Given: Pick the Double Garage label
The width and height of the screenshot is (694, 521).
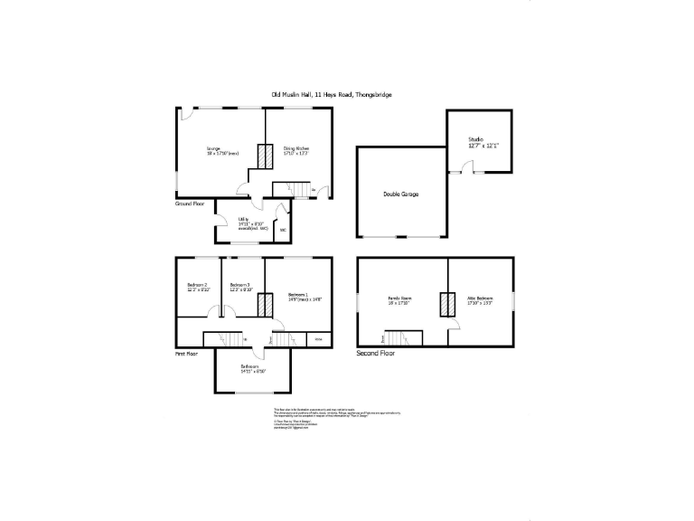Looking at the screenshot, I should pos(400,194).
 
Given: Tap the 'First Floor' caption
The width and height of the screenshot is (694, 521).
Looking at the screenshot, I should pos(186,354).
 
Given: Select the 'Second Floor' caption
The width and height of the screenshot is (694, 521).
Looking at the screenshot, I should pos(375,354).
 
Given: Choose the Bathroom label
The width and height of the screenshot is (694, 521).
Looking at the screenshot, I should pos(252,367).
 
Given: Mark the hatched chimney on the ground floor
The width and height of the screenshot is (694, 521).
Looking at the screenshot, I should pos(265,156).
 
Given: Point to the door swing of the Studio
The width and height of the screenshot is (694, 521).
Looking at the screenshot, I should pos(465,166).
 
